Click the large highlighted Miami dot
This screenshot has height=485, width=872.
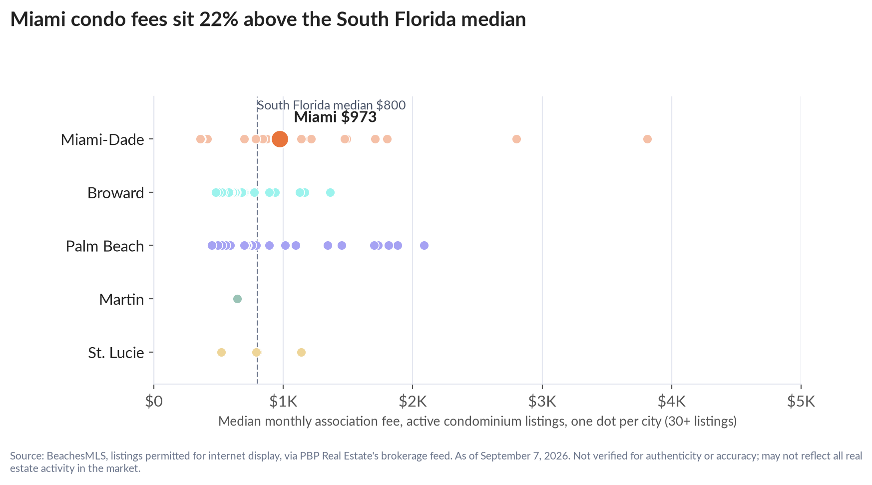pyautogui.click(x=280, y=139)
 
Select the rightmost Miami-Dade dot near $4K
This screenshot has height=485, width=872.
pyautogui.click(x=647, y=139)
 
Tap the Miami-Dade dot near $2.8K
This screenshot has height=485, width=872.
pyautogui.click(x=516, y=139)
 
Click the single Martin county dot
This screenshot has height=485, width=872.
pyautogui.click(x=237, y=299)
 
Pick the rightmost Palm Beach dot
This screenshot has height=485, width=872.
pyautogui.click(x=424, y=245)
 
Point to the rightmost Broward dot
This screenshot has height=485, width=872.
pyautogui.click(x=330, y=192)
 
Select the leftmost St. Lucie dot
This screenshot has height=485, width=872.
pyautogui.click(x=221, y=352)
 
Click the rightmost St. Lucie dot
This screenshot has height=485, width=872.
pyautogui.click(x=301, y=352)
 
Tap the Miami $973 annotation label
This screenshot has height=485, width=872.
pyautogui.click(x=335, y=117)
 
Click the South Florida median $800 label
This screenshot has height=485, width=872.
pyautogui.click(x=331, y=105)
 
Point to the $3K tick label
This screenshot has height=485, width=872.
pyautogui.click(x=542, y=401)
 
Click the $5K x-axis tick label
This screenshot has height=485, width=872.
pyautogui.click(x=801, y=401)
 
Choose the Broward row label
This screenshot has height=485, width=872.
pyautogui.click(x=116, y=193)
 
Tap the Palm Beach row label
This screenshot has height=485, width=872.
pyautogui.click(x=105, y=246)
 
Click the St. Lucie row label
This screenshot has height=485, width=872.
pyautogui.click(x=116, y=353)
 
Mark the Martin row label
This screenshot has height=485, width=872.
pyautogui.click(x=122, y=299)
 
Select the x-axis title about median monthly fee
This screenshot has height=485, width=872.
pyautogui.click(x=477, y=421)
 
